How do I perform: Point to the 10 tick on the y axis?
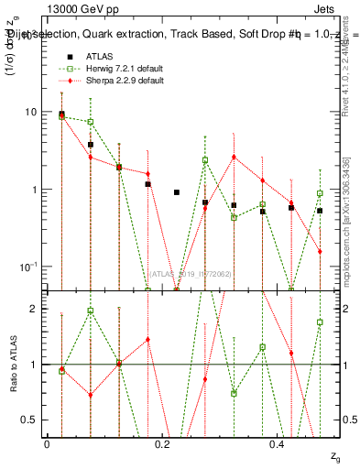pyautogui.click(x=30, y=112)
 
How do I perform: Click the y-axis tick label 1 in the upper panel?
pyautogui.click(x=34, y=190)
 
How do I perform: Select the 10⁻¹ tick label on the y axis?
pyautogui.click(x=27, y=267)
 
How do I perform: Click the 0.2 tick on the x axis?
pyautogui.click(x=162, y=444)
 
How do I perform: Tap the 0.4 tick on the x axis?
pyautogui.click(x=278, y=444)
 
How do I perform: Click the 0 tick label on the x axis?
pyautogui.click(x=47, y=444)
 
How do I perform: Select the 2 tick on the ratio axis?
pyautogui.click(x=34, y=309)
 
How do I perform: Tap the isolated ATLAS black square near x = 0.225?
pyautogui.click(x=177, y=192)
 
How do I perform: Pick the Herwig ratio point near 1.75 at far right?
pyautogui.click(x=320, y=322)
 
